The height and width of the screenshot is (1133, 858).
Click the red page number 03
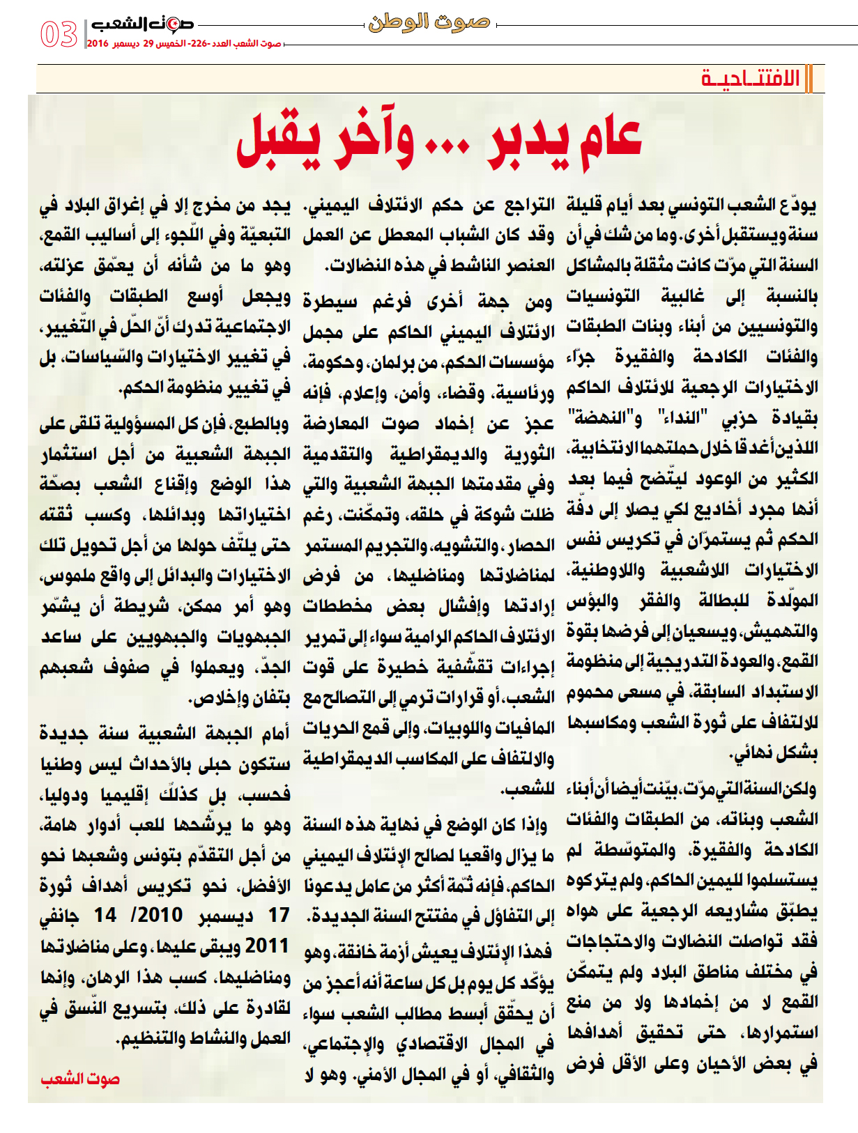pyautogui.click(x=59, y=34)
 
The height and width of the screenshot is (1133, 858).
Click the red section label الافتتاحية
pyautogui.click(x=750, y=79)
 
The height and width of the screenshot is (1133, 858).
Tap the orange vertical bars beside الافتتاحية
pyautogui.click(x=809, y=79)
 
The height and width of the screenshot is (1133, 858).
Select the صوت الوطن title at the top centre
pyautogui.click(x=429, y=22)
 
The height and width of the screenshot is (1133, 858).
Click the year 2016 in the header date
pyautogui.click(x=98, y=44)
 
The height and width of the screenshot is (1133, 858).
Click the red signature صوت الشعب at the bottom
pyautogui.click(x=80, y=1079)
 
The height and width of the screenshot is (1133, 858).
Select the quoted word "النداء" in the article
pyautogui.click(x=683, y=418)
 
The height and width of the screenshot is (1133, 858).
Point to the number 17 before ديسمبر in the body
pyautogui.click(x=279, y=915)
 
